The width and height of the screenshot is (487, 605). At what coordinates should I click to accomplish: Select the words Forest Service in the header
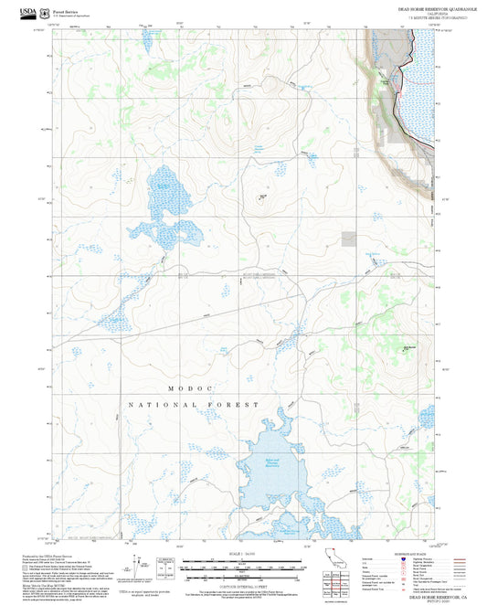tap(67, 10)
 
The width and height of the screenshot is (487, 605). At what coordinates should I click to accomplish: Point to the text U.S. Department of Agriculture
tap(70, 16)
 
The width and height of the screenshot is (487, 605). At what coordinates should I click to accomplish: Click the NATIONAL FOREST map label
tap(194, 404)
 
